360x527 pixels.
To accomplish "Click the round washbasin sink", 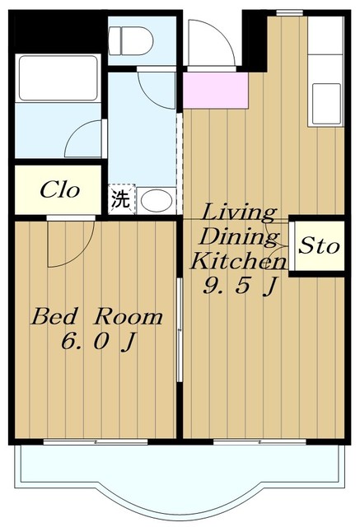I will point(154,200).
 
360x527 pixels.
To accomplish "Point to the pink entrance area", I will point(216,90).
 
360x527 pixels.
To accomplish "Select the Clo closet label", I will point(60,191).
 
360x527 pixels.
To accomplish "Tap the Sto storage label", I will point(318,246).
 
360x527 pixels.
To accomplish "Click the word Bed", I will point(54,317).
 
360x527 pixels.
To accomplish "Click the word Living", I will point(240,212).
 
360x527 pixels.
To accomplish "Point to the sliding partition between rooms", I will point(180,329).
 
